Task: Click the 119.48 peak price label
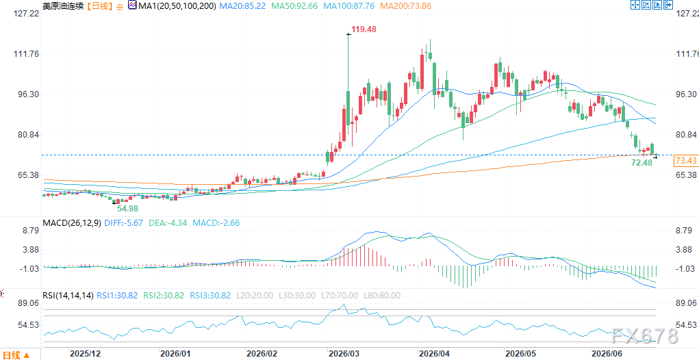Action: (x=364, y=30)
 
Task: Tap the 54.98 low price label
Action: (x=127, y=208)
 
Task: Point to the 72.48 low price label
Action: (x=642, y=163)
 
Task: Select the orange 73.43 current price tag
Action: (x=685, y=161)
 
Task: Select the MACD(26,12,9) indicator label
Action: (x=71, y=222)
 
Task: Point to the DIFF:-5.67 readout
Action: (x=123, y=222)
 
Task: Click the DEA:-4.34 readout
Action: (x=168, y=222)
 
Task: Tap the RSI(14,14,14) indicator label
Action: (x=68, y=296)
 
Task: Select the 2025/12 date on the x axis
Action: (x=85, y=354)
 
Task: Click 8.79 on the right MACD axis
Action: (x=685, y=231)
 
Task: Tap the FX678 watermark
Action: (x=645, y=336)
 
